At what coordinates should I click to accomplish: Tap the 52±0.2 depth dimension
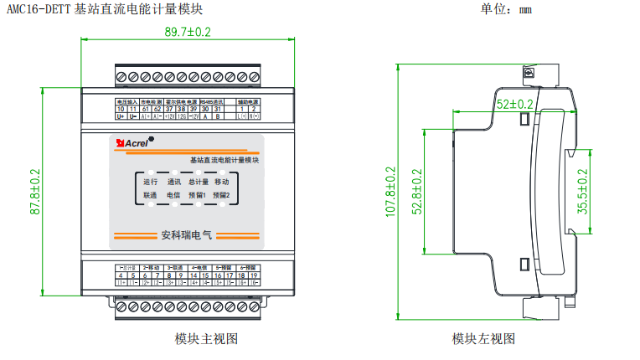[x=514, y=105]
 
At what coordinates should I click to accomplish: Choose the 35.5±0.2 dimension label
[x=583, y=193]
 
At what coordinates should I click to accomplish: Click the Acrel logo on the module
[x=135, y=144]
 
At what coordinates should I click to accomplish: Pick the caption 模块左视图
[x=483, y=338]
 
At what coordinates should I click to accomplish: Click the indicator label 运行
[x=151, y=181]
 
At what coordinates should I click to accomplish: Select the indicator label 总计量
[x=198, y=181]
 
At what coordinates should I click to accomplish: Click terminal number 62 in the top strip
[x=157, y=109]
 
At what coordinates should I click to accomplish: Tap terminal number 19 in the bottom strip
[x=254, y=275]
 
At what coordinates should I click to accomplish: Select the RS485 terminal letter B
[x=217, y=117]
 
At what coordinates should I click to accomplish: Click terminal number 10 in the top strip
[x=121, y=109]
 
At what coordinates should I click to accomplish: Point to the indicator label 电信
[x=174, y=195]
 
